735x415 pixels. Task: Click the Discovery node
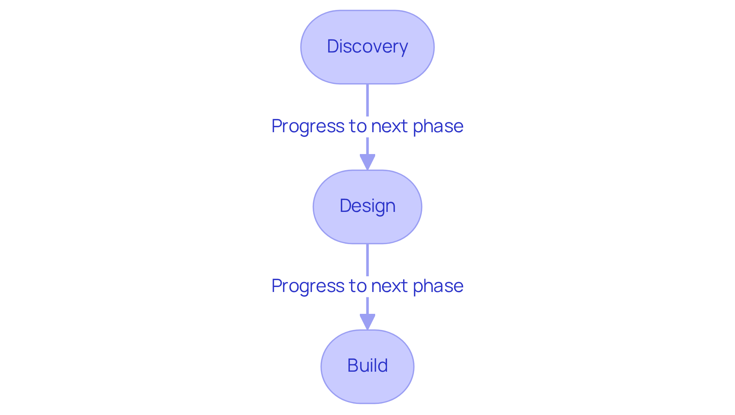coord(367,47)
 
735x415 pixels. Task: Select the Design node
coord(367,207)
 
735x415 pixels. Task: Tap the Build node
coord(367,366)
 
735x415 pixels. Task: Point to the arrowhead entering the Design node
coord(367,161)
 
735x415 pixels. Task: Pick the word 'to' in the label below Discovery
coord(358,126)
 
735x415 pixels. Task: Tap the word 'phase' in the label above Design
coord(438,126)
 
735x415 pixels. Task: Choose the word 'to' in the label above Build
coord(358,286)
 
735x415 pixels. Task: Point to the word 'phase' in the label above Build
coord(438,286)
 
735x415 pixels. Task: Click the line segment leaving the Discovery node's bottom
coord(367,100)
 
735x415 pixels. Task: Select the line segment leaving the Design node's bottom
coord(367,260)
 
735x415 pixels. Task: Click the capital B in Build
coord(353,366)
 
